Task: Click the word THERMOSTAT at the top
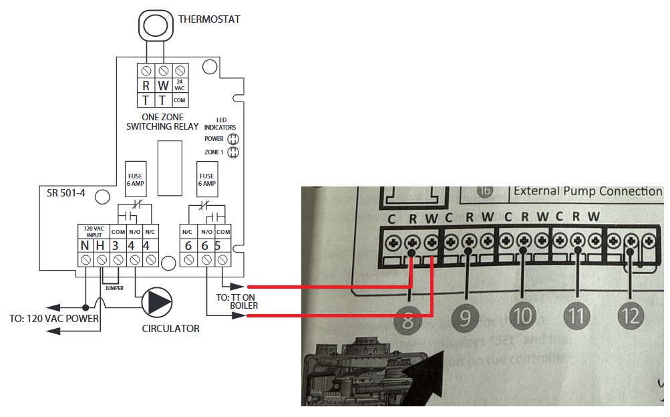(x=209, y=19)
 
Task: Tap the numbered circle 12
(x=631, y=314)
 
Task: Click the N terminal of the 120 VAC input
(x=86, y=245)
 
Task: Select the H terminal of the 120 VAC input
(x=101, y=245)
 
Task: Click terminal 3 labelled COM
(x=116, y=245)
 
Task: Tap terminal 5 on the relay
(x=218, y=245)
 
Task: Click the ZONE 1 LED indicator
(x=233, y=152)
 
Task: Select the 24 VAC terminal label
(x=179, y=86)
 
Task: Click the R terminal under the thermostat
(x=146, y=86)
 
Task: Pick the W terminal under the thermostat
(x=162, y=86)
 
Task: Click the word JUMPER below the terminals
(x=115, y=288)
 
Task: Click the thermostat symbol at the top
(x=155, y=26)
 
